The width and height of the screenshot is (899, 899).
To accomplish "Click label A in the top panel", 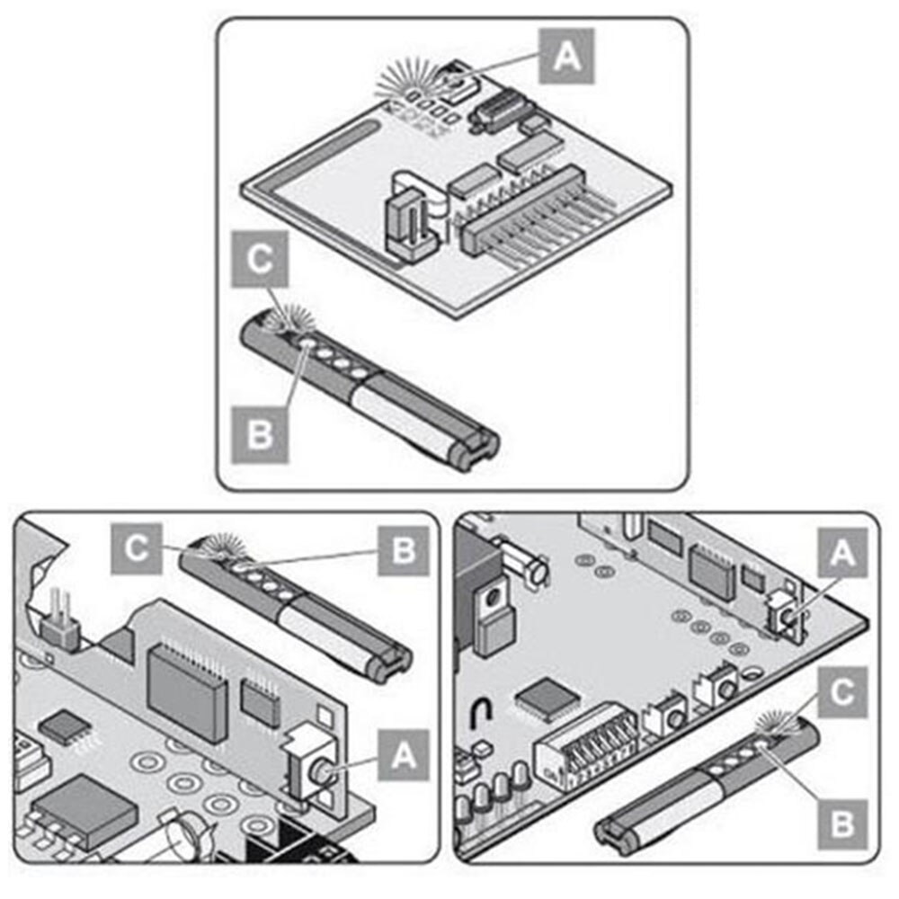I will (566, 56).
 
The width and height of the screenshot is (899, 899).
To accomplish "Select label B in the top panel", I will (259, 434).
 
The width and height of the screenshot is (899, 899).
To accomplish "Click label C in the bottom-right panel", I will (841, 693).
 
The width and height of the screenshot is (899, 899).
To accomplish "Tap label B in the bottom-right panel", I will (841, 821).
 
